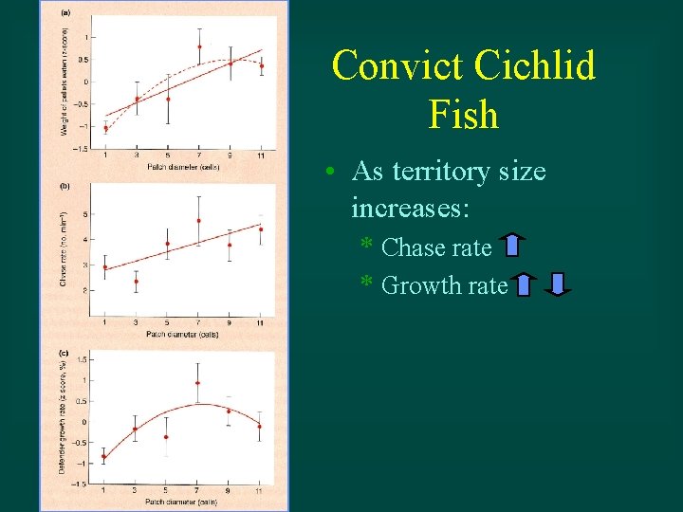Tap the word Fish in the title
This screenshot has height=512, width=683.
pyautogui.click(x=463, y=115)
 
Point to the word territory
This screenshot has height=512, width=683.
pyautogui.click(x=446, y=173)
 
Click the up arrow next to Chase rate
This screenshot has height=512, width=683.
pyautogui.click(x=512, y=247)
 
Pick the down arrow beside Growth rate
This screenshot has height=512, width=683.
pyautogui.click(x=559, y=284)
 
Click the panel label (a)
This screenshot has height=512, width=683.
pyautogui.click(x=65, y=12)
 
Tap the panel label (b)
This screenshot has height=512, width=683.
pyautogui.click(x=65, y=187)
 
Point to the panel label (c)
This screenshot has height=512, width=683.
pyautogui.click(x=65, y=353)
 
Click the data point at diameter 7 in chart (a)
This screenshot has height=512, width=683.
pyautogui.click(x=199, y=46)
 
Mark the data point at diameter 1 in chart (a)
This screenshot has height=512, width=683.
pyautogui.click(x=105, y=128)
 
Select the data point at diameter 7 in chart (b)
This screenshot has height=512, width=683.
pyautogui.click(x=199, y=221)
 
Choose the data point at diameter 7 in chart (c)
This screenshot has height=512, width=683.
pyautogui.click(x=198, y=383)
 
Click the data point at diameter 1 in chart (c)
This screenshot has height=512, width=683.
pyautogui.click(x=104, y=457)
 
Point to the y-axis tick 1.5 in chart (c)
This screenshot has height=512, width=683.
pyautogui.click(x=82, y=360)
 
